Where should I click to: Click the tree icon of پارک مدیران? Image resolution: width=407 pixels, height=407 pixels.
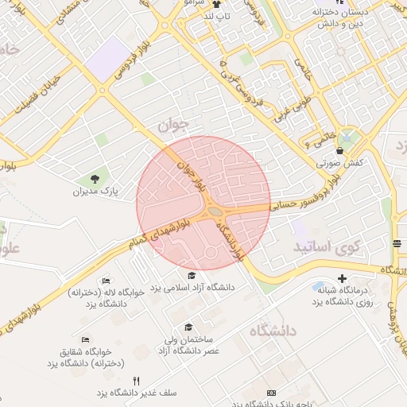96,177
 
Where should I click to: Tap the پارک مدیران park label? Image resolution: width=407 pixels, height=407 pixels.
95,192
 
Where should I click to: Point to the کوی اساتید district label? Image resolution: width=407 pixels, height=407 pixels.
327,247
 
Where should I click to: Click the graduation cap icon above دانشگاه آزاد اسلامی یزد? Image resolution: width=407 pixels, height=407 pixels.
191,274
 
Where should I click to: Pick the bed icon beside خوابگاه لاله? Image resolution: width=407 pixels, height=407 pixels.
107,281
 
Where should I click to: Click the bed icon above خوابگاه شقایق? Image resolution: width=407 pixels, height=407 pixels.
84,340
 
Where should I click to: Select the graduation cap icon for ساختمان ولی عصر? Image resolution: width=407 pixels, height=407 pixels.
188,327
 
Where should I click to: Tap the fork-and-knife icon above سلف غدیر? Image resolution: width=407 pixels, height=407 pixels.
136,381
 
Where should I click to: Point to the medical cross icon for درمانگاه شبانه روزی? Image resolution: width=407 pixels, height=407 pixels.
342,278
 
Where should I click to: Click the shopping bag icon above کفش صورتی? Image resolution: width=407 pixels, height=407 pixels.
340,149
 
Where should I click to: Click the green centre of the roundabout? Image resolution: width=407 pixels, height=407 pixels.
215,211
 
